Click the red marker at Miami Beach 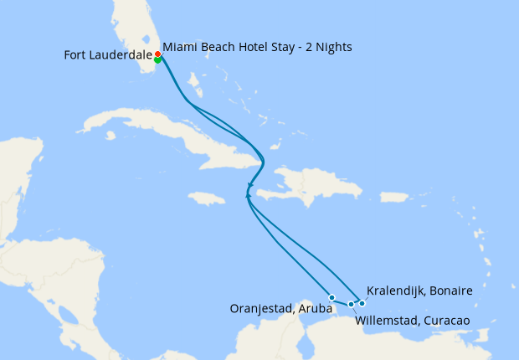(x=157, y=54)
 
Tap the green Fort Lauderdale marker (x=157, y=59)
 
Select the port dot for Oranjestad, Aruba (x=331, y=297)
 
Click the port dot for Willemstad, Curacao (x=351, y=304)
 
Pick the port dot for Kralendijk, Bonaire (x=362, y=303)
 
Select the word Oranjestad (x=260, y=309)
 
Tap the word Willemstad (x=386, y=321)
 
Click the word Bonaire (x=453, y=291)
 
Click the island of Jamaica (x=207, y=198)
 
